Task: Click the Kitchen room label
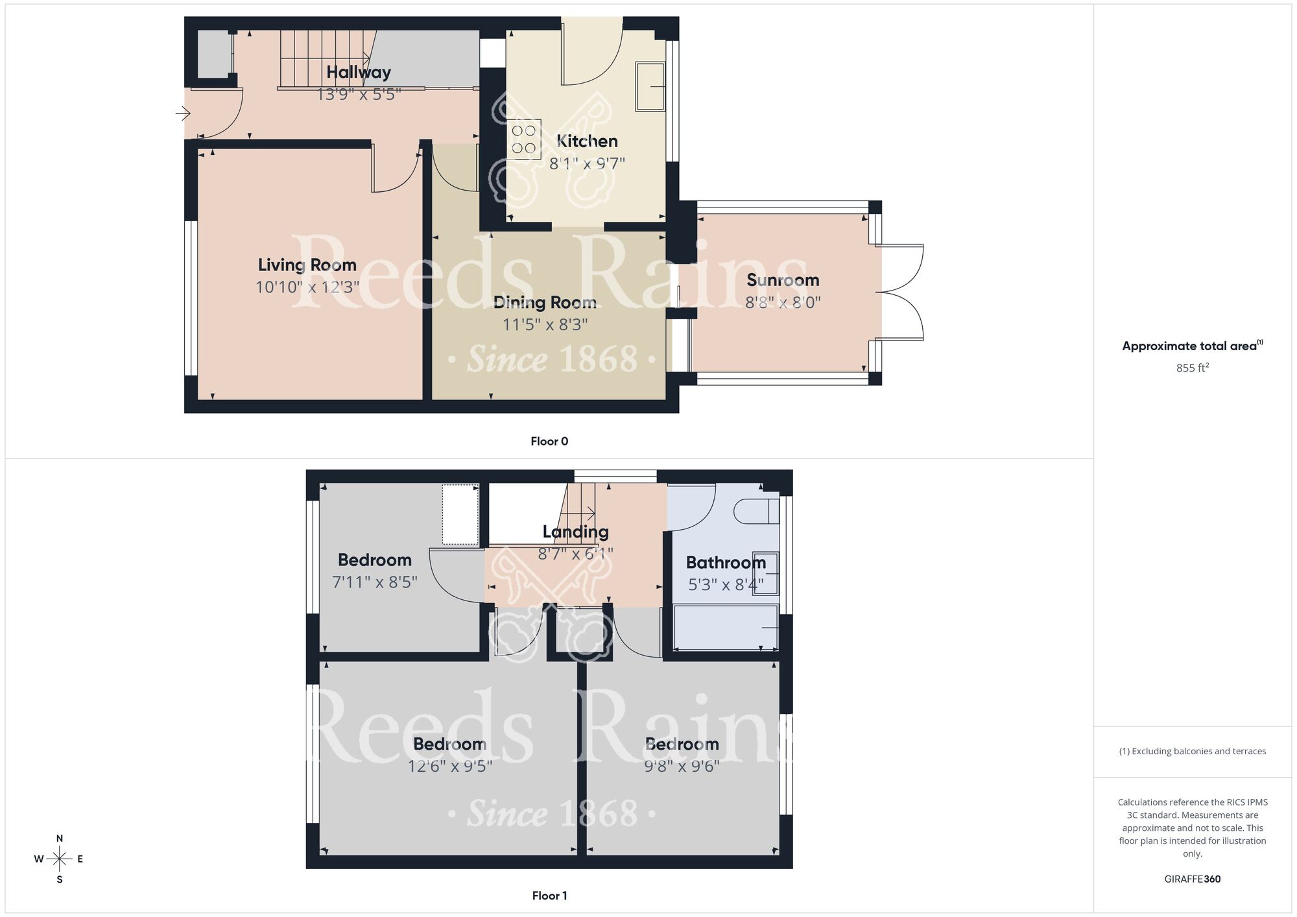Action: click(587, 141)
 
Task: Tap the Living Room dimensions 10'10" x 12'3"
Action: click(307, 287)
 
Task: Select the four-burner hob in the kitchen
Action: click(524, 139)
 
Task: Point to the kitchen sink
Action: click(650, 86)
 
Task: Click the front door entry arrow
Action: click(182, 114)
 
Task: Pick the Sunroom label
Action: click(783, 280)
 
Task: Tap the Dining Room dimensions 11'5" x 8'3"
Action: click(545, 324)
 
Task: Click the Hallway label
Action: click(359, 72)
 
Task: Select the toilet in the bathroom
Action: click(756, 511)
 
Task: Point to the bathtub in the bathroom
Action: click(726, 627)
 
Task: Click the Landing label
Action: click(575, 532)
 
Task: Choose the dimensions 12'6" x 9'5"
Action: click(449, 767)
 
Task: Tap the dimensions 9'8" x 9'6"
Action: click(682, 767)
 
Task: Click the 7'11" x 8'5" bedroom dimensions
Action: click(375, 582)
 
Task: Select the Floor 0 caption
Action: click(549, 442)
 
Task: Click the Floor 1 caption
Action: click(549, 896)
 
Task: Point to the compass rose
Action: click(60, 859)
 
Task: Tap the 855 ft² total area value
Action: click(1192, 368)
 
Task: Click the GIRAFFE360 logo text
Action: click(1192, 879)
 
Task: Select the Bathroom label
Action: click(726, 563)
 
